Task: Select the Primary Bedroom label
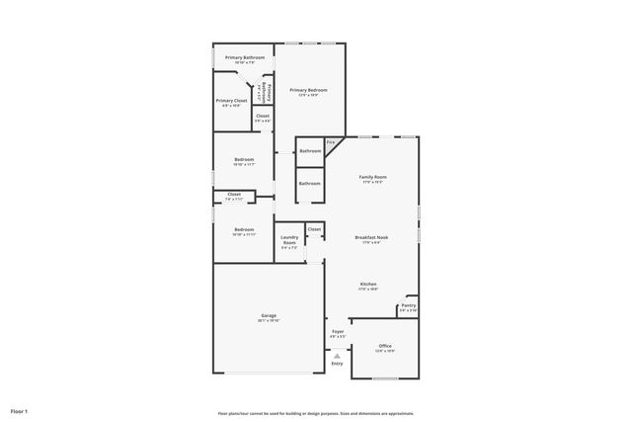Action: tap(308, 90)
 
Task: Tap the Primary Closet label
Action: tap(231, 100)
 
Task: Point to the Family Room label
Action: tap(372, 177)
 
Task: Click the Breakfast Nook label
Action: tap(372, 236)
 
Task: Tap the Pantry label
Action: tap(408, 305)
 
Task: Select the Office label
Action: tap(384, 346)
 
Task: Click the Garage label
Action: tap(269, 315)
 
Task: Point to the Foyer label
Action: tap(338, 331)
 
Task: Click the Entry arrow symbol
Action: tap(337, 355)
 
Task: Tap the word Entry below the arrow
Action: tap(337, 364)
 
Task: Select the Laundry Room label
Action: tap(289, 240)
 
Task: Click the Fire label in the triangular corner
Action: tap(331, 142)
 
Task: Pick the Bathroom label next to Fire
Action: tap(310, 151)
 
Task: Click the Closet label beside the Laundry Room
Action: tap(314, 228)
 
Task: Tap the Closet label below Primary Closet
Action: tap(263, 116)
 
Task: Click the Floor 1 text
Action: tap(19, 410)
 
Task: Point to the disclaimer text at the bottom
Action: tap(315, 413)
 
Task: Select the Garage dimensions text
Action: tap(269, 320)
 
